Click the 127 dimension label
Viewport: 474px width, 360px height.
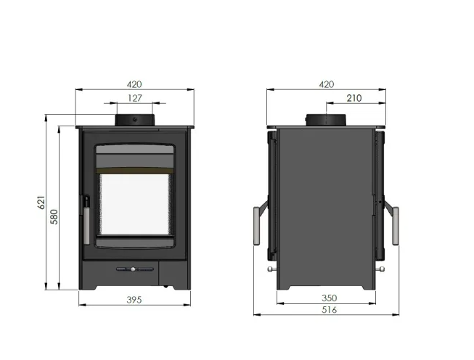click(x=134, y=98)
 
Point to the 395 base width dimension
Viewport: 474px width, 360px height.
click(x=134, y=299)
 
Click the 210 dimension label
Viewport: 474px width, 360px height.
click(x=355, y=98)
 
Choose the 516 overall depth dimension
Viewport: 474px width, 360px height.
click(x=330, y=310)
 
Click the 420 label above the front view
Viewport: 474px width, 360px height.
click(x=134, y=84)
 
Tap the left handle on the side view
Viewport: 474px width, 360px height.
click(x=257, y=225)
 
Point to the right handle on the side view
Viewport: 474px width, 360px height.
click(x=396, y=225)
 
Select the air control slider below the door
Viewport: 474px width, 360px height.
click(x=134, y=269)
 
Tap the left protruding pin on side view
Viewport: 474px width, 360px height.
click(x=271, y=271)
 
